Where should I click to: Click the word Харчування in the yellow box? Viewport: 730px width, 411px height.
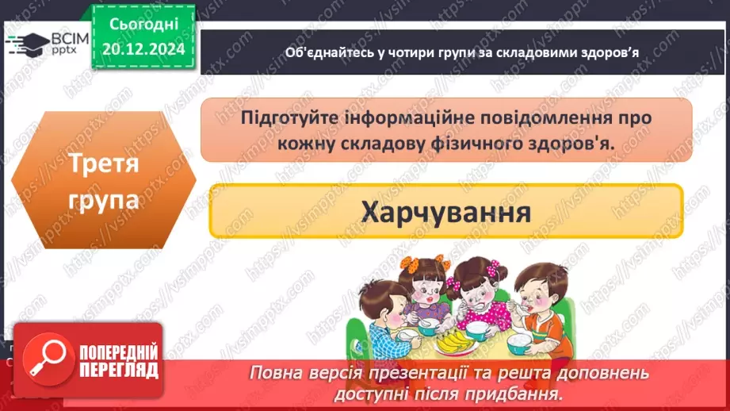445,211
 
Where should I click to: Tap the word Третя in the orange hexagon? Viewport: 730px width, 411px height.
104,163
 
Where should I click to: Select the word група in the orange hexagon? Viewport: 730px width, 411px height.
104,199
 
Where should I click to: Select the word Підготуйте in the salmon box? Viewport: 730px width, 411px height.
289,117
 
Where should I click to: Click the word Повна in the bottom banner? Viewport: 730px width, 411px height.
274,373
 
